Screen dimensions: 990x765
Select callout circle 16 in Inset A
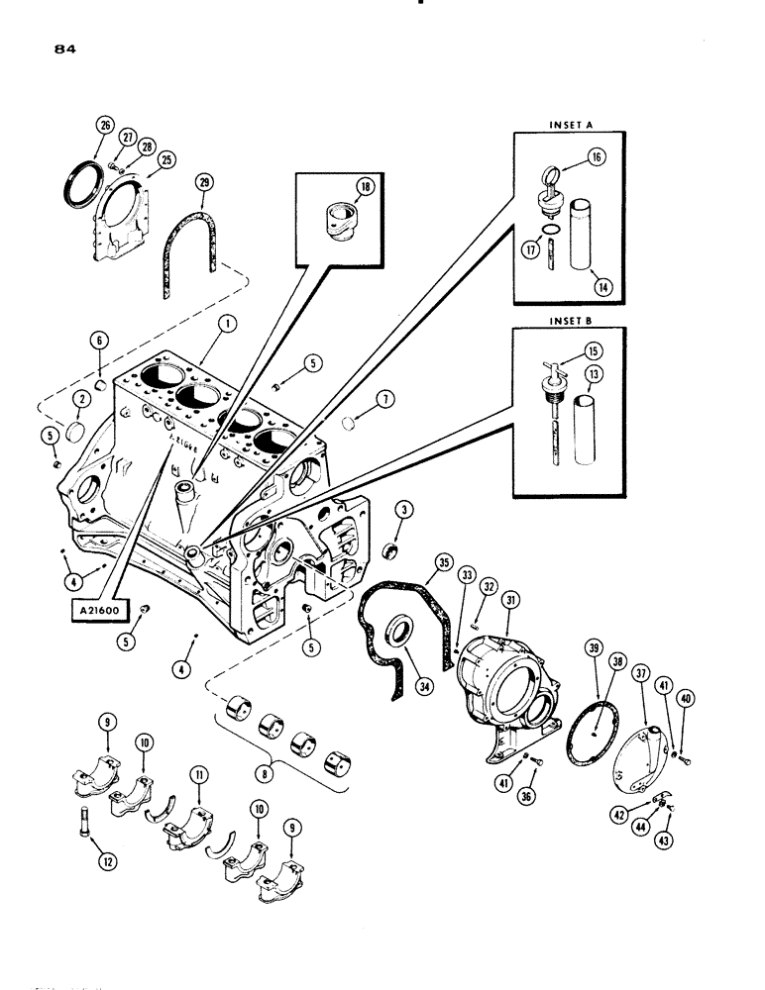[x=598, y=156]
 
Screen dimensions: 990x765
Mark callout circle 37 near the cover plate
[x=640, y=673]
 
